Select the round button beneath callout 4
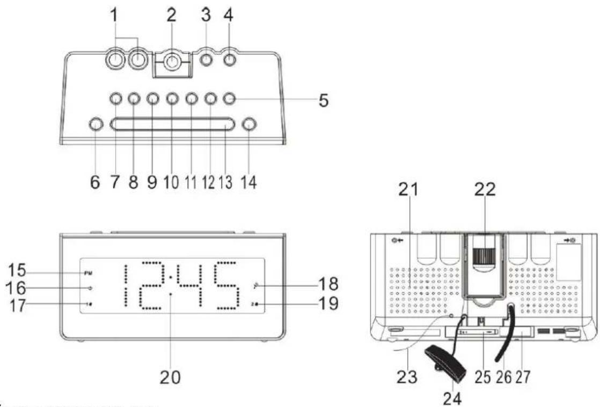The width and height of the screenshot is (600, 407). pyautogui.click(x=230, y=60)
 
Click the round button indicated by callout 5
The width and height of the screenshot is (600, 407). pyautogui.click(x=229, y=99)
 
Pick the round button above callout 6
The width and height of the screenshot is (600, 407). pyautogui.click(x=95, y=124)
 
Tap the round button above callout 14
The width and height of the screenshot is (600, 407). pyautogui.click(x=249, y=124)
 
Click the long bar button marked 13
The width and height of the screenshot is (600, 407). pyautogui.click(x=172, y=124)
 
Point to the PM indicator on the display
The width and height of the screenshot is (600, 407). pyautogui.click(x=88, y=273)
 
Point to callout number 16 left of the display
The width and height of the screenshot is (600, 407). pyautogui.click(x=14, y=288)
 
